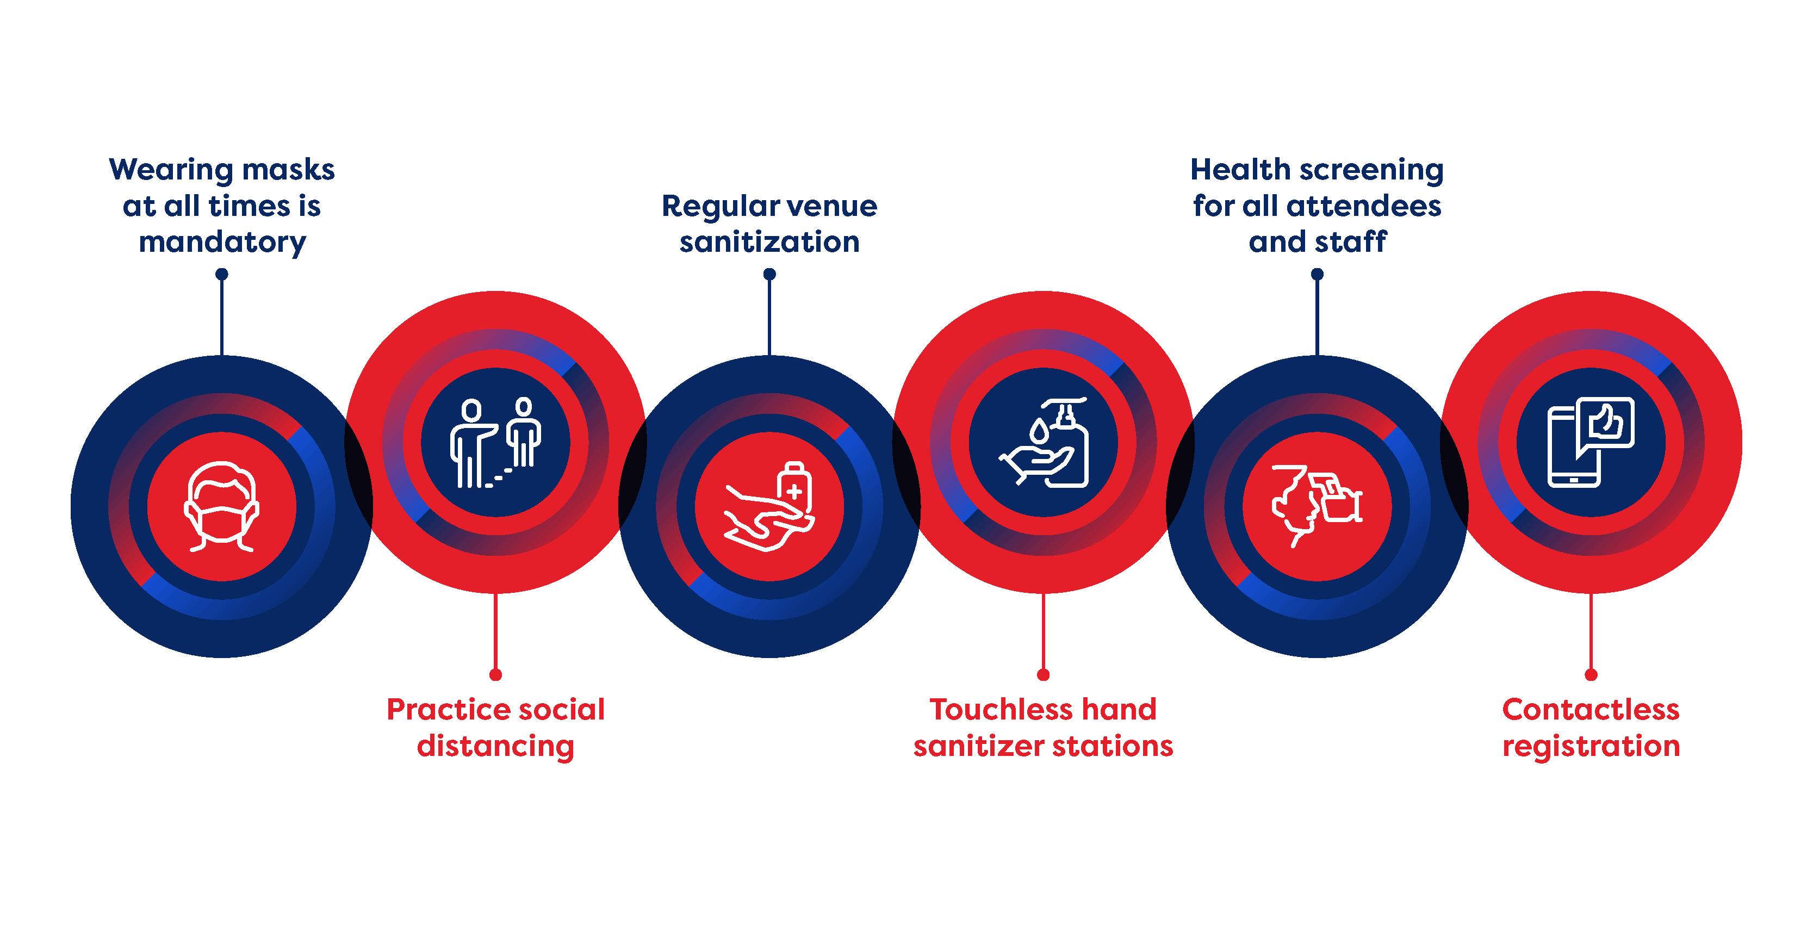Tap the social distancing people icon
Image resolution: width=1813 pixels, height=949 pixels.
pos(495,443)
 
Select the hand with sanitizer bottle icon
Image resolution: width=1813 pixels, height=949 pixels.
pos(769,507)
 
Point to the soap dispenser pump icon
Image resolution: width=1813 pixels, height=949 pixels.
pos(1044,443)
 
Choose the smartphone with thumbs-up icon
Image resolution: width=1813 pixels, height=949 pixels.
pos(1591,443)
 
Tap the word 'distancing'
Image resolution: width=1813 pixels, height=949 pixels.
pos(495,747)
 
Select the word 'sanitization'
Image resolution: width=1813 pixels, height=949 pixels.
pos(769,242)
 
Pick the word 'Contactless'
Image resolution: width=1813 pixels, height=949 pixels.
pos(1591,710)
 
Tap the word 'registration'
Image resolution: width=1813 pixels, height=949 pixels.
pos(1591,747)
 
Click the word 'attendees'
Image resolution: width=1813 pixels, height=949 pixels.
pos(1364,206)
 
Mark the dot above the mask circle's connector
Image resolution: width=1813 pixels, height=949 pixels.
pos(222,274)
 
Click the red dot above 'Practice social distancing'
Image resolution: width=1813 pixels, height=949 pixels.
pos(495,675)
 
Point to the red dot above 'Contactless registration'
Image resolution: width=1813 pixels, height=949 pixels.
pos(1591,675)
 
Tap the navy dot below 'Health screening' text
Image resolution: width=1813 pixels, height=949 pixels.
pos(1318,274)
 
